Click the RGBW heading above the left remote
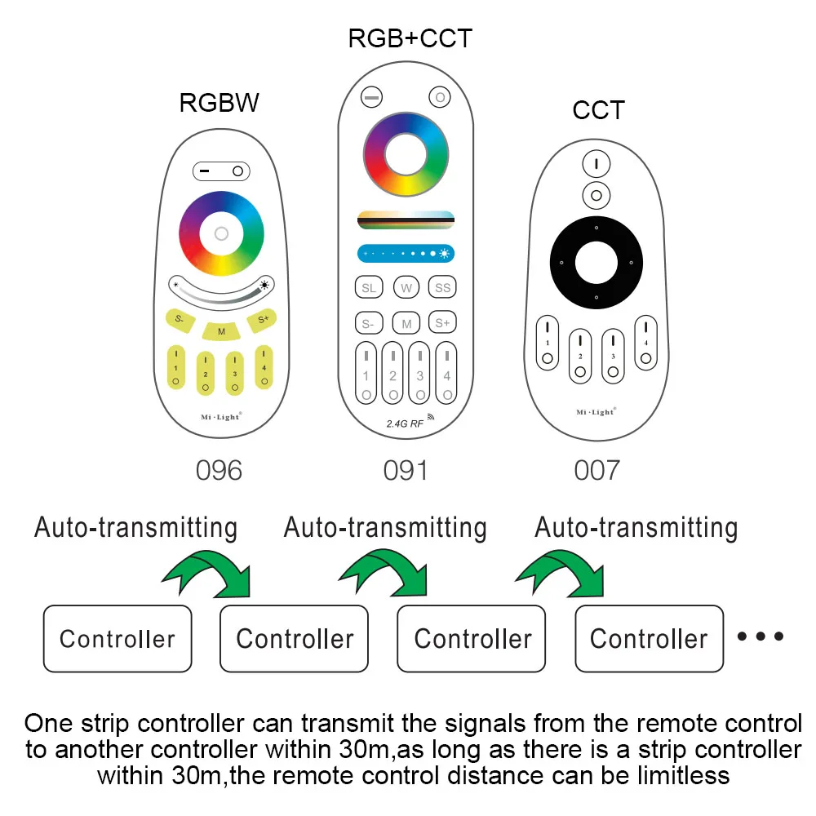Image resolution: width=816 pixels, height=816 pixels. click(220, 103)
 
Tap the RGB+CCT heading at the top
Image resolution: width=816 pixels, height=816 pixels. click(410, 38)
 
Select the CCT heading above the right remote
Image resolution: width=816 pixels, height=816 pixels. click(598, 110)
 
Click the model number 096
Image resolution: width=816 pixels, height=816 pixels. click(220, 471)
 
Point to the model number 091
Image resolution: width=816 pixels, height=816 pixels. click(406, 471)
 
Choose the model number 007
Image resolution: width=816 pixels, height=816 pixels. click(597, 471)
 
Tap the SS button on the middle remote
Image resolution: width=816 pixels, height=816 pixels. click(442, 288)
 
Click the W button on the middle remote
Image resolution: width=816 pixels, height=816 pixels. click(406, 288)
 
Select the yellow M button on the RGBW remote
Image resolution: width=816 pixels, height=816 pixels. click(220, 330)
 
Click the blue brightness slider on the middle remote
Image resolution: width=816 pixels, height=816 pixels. click(406, 254)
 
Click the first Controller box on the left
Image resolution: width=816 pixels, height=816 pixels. click(118, 638)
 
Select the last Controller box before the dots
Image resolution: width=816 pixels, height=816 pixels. click(649, 638)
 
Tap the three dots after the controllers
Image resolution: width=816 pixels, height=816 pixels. click(761, 636)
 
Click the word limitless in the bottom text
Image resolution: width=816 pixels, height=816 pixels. click(672, 774)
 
